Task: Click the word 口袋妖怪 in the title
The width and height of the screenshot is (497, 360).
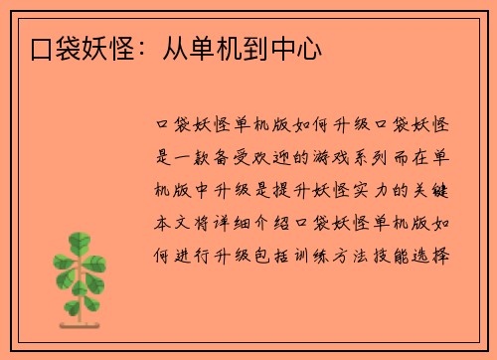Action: click(x=79, y=48)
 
